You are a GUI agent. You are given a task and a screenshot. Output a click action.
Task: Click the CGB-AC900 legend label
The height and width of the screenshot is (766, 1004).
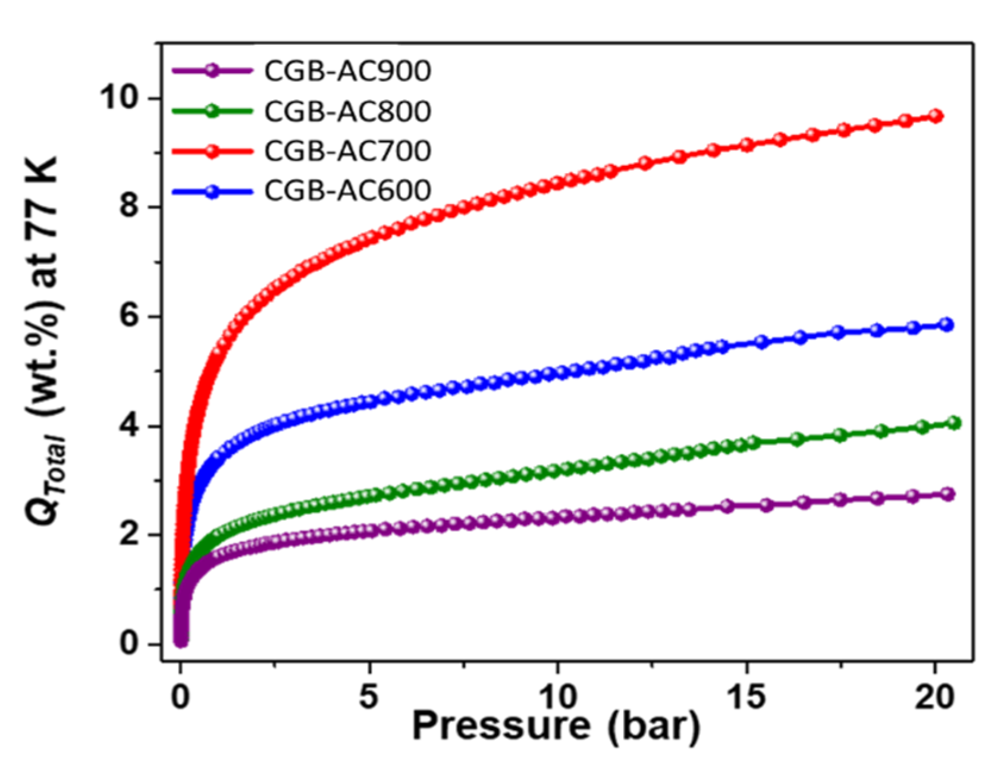(347, 71)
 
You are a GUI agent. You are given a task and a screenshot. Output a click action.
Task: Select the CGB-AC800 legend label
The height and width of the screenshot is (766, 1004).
(347, 111)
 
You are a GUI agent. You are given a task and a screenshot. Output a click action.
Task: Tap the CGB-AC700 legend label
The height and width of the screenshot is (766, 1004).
(347, 150)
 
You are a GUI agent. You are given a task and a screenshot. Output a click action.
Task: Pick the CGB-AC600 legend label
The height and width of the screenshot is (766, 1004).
(347, 190)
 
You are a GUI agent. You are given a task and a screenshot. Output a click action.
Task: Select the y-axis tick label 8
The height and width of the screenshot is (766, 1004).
(130, 207)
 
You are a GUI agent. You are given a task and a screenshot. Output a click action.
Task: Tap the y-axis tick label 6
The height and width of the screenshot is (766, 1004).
(130, 316)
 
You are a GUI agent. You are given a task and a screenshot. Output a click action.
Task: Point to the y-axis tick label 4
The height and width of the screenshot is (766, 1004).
(130, 426)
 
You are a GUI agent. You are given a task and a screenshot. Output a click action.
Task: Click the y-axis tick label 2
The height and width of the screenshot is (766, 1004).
(130, 535)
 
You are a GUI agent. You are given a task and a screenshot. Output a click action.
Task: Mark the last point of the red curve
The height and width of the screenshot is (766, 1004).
(936, 116)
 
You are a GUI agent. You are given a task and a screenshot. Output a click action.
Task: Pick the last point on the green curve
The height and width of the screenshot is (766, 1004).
(954, 423)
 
